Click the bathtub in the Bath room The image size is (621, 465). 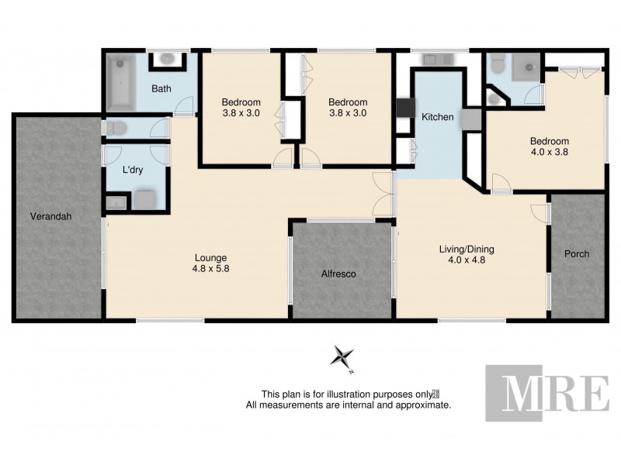pos(120,81)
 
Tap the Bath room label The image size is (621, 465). pos(161,88)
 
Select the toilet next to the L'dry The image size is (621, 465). pos(116,128)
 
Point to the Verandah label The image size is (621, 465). pos(51,217)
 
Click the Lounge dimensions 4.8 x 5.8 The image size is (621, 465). pos(210,270)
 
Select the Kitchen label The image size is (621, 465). pos(437,117)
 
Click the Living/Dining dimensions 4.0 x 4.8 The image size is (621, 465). pos(466,261)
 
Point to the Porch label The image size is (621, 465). pos(577,254)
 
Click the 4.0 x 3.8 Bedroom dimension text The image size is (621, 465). pos(549,153)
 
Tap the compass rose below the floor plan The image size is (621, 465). pos(342,356)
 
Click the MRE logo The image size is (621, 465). pos(546,392)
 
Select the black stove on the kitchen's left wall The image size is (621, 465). pos(403,107)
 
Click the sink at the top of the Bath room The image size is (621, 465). pos(166,59)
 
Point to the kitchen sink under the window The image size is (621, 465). pos(431,59)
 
